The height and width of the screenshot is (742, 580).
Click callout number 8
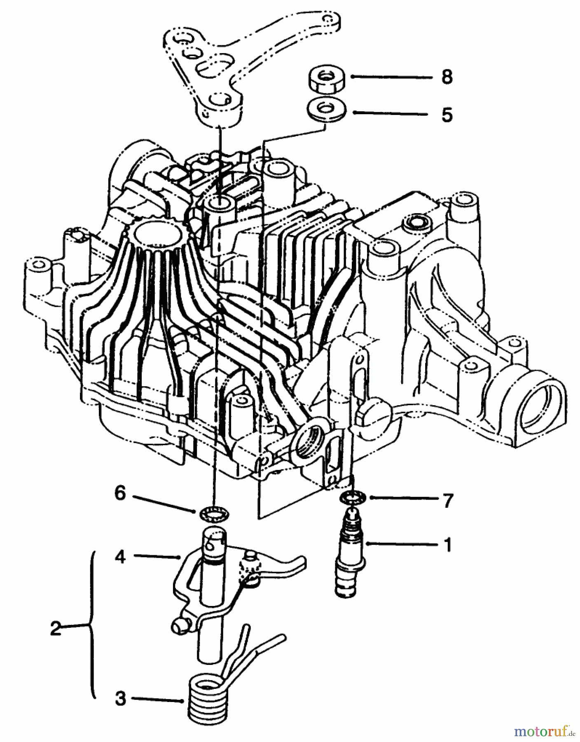point(447,77)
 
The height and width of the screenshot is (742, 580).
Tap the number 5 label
point(447,115)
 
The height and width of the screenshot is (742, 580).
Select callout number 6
point(120,493)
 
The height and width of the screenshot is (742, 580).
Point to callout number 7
point(447,500)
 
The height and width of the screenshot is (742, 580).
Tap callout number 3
point(120,699)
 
